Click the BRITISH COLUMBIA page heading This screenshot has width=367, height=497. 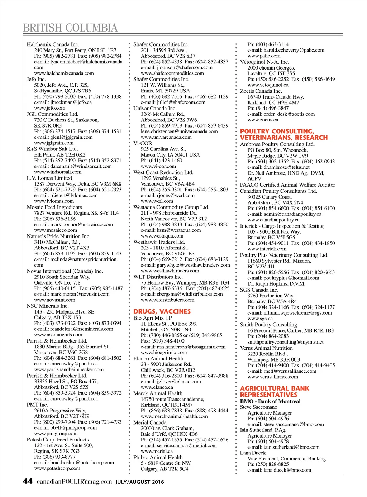click(70, 28)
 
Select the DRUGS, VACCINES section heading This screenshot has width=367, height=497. click(162, 311)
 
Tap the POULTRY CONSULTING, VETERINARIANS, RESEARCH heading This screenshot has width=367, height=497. click(283, 134)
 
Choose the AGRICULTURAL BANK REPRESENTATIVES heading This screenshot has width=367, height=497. click(274, 391)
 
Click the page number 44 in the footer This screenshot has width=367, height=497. click(28, 481)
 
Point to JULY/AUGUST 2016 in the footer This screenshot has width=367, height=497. click(140, 482)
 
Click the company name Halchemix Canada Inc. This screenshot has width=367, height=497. click(53, 44)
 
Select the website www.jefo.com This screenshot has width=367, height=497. click(49, 108)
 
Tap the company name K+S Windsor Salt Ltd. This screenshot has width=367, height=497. click(52, 149)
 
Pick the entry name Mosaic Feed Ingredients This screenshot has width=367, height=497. click(54, 207)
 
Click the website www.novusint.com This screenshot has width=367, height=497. click(54, 300)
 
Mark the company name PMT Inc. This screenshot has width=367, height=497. click(37, 405)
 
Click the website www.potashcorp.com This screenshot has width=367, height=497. click(57, 468)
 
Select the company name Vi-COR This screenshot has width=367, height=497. click(143, 143)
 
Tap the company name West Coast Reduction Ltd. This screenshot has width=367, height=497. click(163, 172)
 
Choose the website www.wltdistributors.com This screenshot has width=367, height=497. click(167, 300)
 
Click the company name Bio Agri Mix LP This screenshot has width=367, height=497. click(152, 318)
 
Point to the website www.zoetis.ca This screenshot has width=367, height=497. click(263, 120)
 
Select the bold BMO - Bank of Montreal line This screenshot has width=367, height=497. click(270, 401)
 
